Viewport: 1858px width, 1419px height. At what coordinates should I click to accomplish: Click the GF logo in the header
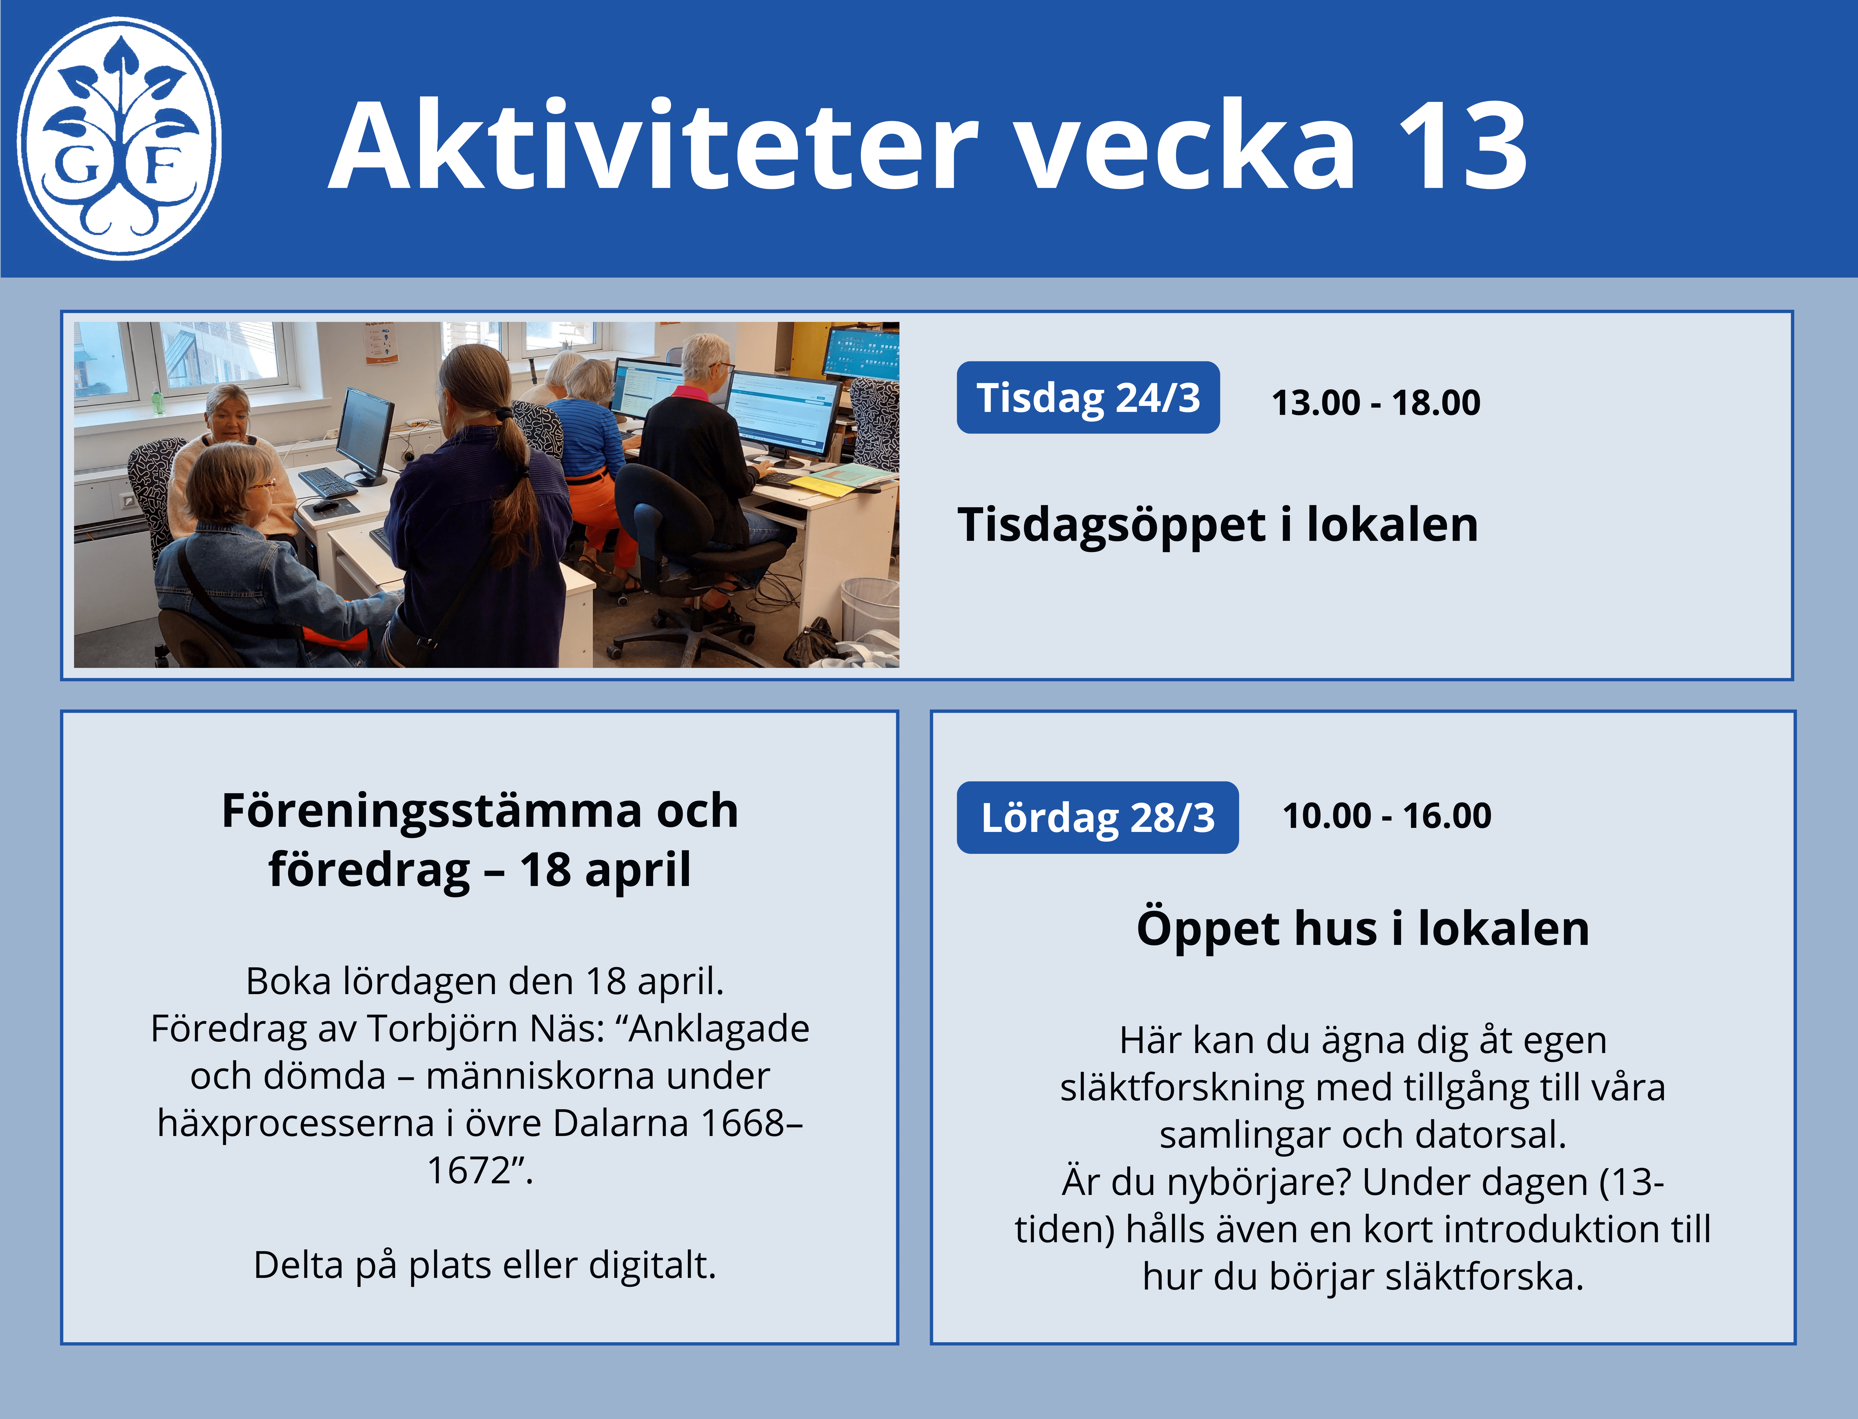tap(119, 138)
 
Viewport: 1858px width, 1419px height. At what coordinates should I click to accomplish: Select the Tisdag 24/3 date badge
tap(1088, 398)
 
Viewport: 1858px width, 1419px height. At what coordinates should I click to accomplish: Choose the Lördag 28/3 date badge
tap(1097, 818)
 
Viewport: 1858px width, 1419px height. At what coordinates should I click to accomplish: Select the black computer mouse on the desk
tap(323, 507)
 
